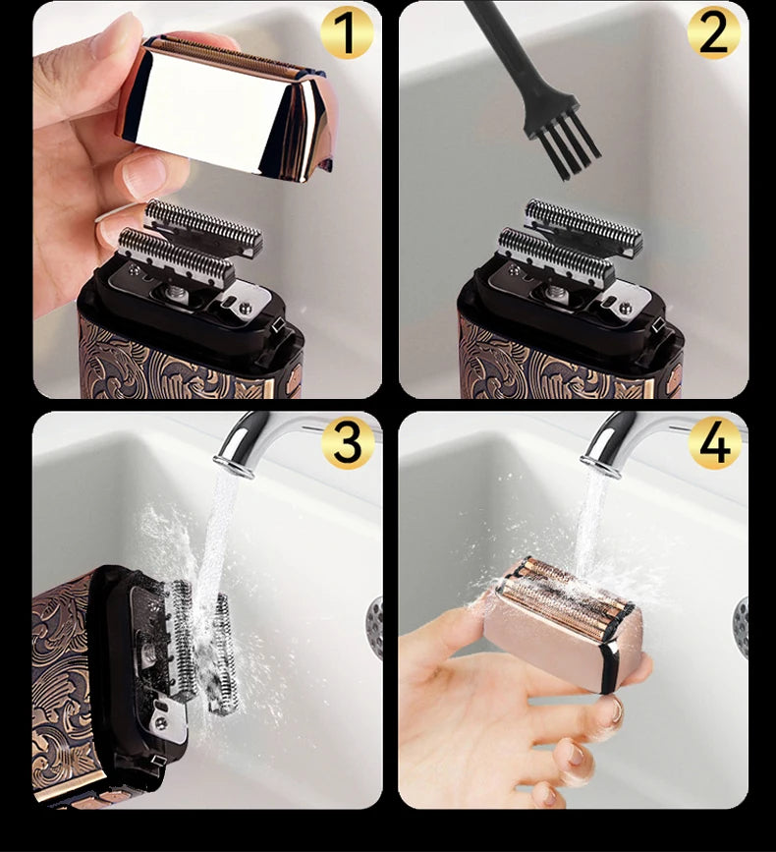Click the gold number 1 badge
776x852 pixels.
[x=346, y=33]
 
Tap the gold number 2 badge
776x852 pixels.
[x=713, y=33]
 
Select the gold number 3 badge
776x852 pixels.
[x=346, y=443]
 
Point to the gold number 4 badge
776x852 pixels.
[x=713, y=443]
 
